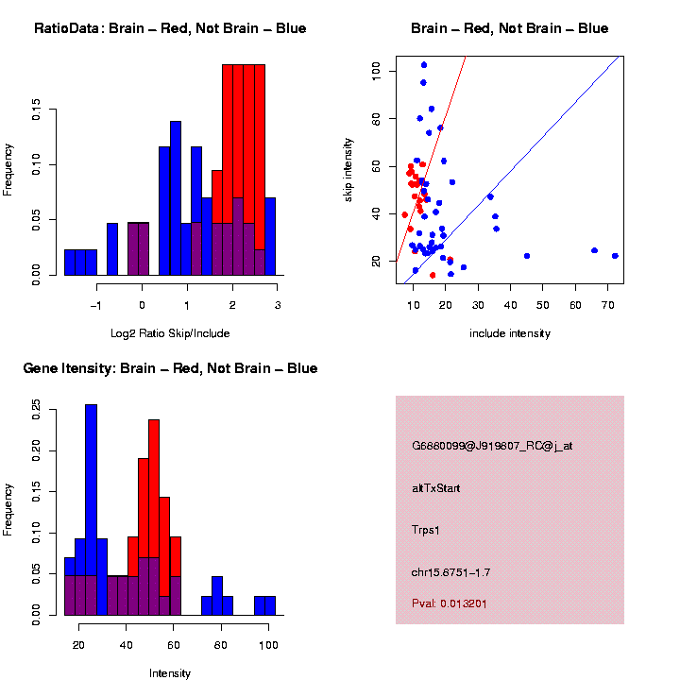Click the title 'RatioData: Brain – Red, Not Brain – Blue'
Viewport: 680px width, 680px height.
[170, 29]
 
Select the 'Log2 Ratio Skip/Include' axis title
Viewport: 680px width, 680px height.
[170, 332]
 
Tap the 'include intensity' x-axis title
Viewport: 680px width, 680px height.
[510, 332]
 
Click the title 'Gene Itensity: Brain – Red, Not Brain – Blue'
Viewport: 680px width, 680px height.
[170, 368]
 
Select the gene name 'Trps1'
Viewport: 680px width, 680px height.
[427, 530]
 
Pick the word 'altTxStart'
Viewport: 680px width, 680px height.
[436, 488]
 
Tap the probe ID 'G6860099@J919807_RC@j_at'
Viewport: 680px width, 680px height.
[492, 446]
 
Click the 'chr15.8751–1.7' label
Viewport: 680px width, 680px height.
[450, 572]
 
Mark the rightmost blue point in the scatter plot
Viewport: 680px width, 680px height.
[615, 256]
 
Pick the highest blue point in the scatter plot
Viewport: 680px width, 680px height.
[424, 65]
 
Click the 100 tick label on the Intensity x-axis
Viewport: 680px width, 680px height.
[268, 646]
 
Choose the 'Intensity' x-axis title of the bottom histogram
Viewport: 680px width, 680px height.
[170, 673]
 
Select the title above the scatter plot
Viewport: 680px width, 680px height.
[510, 29]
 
